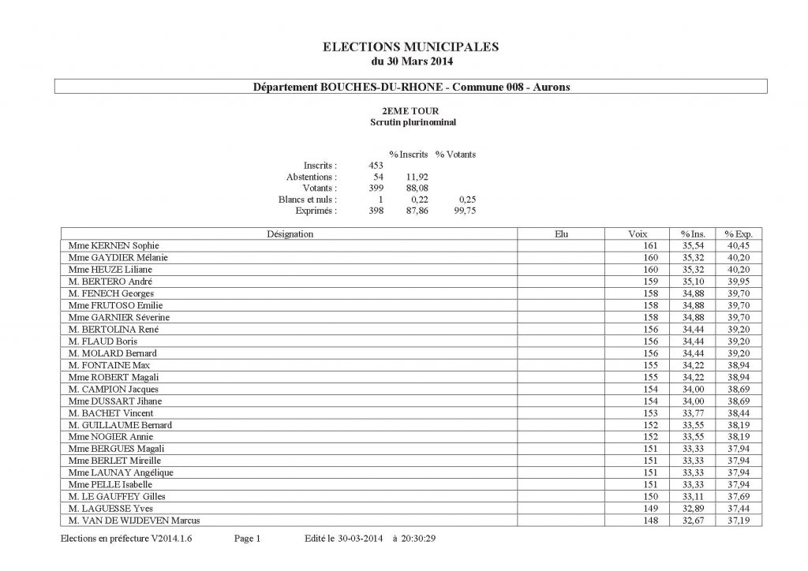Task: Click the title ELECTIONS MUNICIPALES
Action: pos(411,47)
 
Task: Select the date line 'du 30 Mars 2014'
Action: pos(411,61)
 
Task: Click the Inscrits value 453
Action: pos(376,166)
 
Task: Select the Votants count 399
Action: pos(376,188)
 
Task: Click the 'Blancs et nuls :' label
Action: pos(308,200)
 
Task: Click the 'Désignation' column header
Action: pos(290,234)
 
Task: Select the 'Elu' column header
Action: pos(561,234)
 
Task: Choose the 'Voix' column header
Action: pos(638,234)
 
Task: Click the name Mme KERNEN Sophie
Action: pos(114,246)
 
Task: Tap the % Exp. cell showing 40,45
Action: pos(739,246)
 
